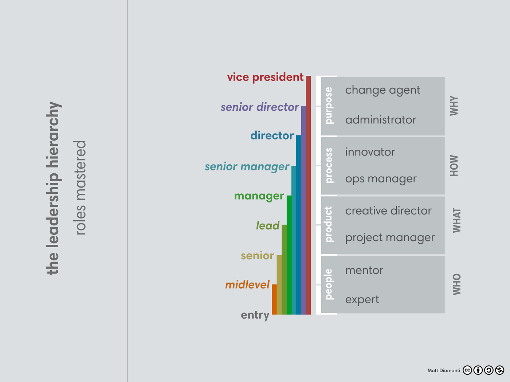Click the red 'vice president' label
(265, 77)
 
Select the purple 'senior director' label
(259, 107)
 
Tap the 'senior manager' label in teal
(247, 167)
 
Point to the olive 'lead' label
(267, 226)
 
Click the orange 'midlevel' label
(247, 285)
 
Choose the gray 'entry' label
(255, 315)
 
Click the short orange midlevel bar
(274, 299)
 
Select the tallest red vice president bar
(308, 195)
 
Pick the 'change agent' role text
(382, 90)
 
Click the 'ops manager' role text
(381, 179)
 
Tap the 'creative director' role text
(388, 211)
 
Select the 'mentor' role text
(364, 270)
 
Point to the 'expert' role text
(362, 300)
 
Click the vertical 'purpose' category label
(329, 106)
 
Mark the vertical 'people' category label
(329, 284)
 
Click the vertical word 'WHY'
(454, 106)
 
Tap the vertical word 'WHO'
(456, 284)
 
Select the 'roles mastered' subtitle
(81, 188)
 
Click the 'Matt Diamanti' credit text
(444, 370)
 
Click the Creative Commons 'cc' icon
(467, 370)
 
